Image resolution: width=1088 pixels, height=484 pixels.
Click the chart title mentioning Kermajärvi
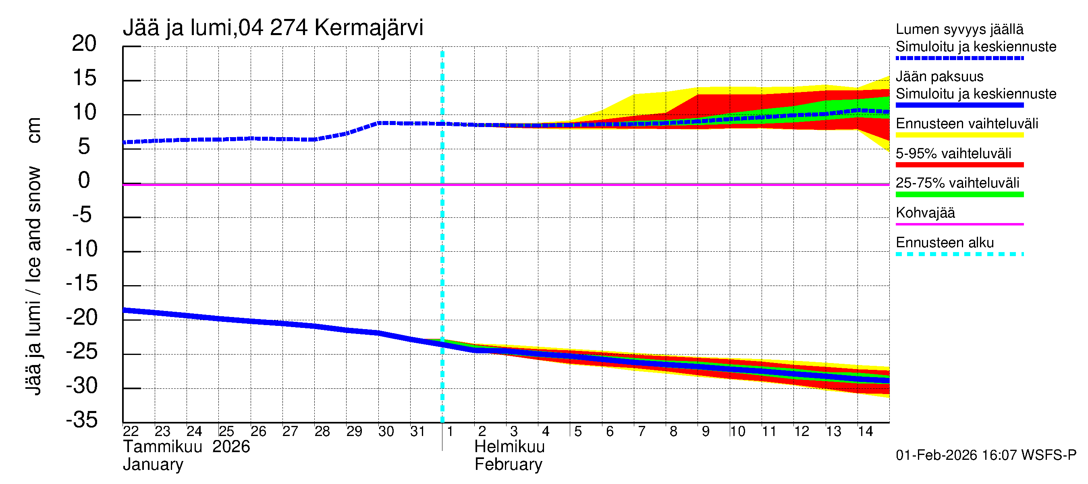273,28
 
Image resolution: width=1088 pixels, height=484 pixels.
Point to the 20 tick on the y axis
84,44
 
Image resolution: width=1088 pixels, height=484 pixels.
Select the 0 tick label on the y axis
84,181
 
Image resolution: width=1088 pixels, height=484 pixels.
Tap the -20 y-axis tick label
82,317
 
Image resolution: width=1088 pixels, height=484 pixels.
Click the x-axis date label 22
131,431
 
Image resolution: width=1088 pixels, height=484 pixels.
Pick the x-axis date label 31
417,431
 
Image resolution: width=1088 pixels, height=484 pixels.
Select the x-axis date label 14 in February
865,431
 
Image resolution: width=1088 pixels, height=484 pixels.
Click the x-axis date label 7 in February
641,431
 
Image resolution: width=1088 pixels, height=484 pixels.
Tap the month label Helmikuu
509,447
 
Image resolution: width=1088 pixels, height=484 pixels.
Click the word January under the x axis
153,465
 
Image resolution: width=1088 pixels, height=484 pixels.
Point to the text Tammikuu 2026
186,447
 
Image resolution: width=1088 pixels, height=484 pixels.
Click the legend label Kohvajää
925,213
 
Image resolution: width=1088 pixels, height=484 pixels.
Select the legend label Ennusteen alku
945,243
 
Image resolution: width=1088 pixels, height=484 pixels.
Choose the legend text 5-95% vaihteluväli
953,153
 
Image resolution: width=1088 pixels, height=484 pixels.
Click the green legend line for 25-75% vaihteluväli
959,194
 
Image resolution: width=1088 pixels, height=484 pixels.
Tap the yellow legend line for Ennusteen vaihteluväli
959,135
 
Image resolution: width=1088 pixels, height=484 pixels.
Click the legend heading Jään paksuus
939,77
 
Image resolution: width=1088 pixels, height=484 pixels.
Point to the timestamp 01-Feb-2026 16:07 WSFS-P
986,455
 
